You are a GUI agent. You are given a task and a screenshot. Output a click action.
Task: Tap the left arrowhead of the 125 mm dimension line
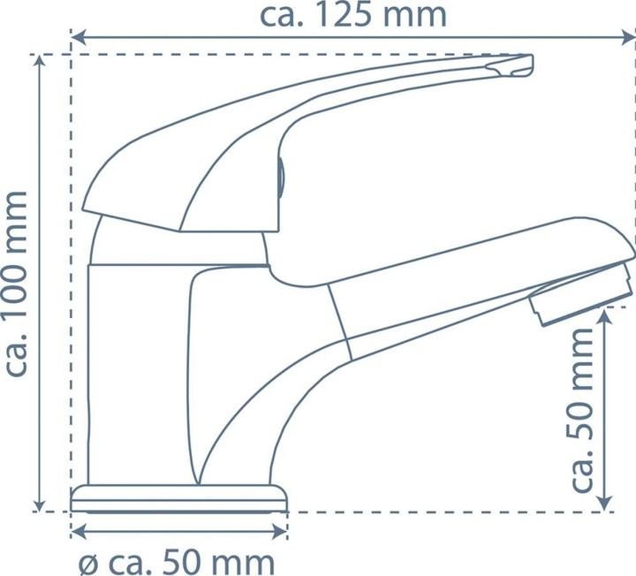[77, 37]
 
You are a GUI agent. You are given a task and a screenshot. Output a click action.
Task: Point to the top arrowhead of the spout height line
[605, 313]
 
